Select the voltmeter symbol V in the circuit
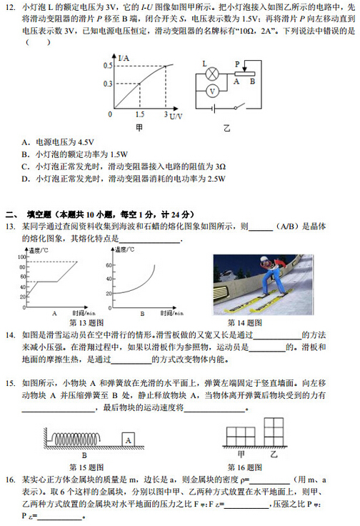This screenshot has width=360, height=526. click(211, 91)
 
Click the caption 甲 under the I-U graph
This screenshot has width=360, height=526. click(140, 128)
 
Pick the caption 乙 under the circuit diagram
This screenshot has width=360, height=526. click(227, 128)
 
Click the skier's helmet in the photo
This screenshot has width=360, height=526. click(264, 262)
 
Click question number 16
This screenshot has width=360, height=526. click(10, 480)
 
